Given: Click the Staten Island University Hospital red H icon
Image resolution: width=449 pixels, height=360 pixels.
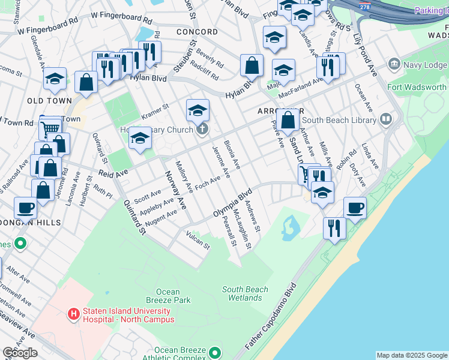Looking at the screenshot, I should click(73, 314).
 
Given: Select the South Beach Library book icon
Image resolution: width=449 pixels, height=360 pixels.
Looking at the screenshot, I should click(385, 119).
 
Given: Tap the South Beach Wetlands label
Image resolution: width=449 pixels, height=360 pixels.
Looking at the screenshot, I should click(245, 293).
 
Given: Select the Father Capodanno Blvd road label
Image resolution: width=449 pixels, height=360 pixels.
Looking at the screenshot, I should click(272, 317).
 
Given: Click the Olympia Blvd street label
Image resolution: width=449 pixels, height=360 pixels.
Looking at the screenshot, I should click(232, 204).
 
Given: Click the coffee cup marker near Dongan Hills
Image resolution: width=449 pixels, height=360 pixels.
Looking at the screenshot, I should click(25, 208).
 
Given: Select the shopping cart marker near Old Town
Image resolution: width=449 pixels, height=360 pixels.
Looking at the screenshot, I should click(50, 128).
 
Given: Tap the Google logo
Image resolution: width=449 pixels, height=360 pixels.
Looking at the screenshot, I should click(20, 353).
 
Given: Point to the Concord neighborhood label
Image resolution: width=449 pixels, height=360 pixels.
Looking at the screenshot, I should click(197, 32).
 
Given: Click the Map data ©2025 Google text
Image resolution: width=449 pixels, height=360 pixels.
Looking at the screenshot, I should click(412, 355).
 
